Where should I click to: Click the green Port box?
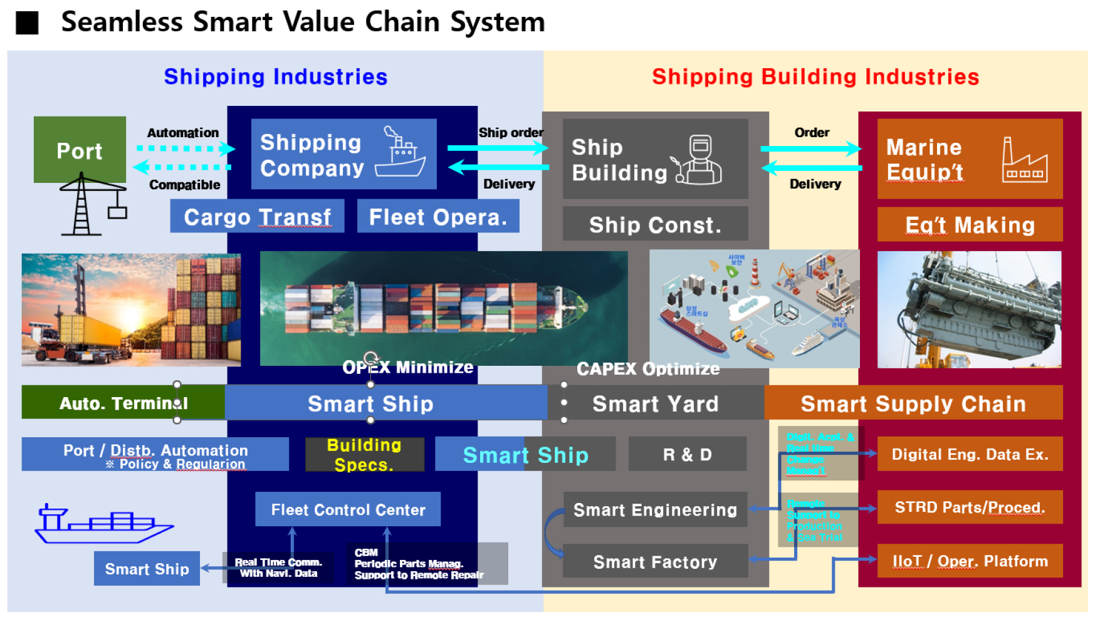coord(80,150)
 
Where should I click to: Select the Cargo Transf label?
coord(257,217)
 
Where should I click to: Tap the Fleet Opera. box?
coord(437,217)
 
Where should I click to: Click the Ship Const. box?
coord(655,225)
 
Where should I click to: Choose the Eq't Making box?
coord(969,225)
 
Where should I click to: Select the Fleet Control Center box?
coord(348,509)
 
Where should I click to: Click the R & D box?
coord(687,454)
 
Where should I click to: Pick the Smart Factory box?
coord(655,561)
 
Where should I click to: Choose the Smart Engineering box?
coord(655,509)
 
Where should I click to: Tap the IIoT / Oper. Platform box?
coord(969,561)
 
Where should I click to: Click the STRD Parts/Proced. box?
coord(969,507)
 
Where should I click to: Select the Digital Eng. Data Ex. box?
coord(969,454)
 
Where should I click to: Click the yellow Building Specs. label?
coord(364,455)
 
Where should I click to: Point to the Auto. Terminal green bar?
coord(123,403)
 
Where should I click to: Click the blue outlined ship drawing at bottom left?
coord(103,524)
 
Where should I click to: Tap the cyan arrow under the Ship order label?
coord(498,148)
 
